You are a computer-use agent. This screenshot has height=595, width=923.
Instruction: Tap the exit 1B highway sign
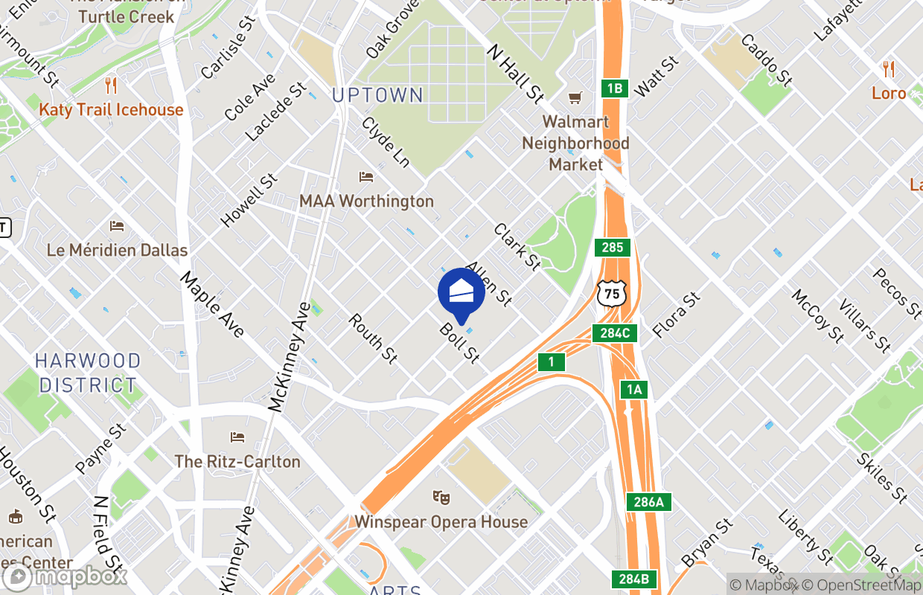[614, 89]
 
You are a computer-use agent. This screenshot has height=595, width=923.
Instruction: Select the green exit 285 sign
[613, 248]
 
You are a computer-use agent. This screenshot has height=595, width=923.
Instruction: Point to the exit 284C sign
[615, 332]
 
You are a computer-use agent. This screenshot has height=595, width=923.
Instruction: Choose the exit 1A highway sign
[633, 389]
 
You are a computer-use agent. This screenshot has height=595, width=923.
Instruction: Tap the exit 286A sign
[648, 502]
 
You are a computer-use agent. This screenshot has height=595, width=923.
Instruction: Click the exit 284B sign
[635, 578]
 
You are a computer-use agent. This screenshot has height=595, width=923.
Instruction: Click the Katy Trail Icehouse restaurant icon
[111, 86]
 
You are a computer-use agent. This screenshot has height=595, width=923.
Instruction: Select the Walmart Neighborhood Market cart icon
[575, 97]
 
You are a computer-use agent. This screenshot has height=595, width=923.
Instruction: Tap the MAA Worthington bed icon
[365, 177]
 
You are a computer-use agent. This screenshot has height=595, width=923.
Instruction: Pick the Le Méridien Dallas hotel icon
[117, 225]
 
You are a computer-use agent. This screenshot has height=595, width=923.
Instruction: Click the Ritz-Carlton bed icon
[237, 437]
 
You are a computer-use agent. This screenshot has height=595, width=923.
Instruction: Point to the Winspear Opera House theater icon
[441, 496]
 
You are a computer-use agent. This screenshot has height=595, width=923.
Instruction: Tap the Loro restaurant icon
[889, 69]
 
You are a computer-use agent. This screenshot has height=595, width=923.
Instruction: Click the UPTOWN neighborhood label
[377, 95]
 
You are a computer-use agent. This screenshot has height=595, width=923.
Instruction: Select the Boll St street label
[459, 343]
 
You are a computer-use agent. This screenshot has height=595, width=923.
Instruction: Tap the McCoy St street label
[817, 316]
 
